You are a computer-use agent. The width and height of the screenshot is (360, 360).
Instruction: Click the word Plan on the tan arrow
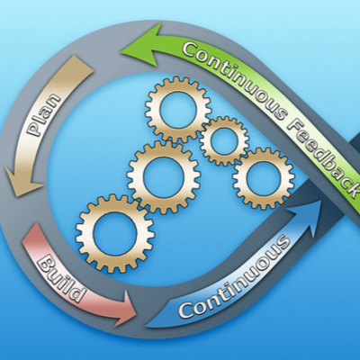coord(42,115)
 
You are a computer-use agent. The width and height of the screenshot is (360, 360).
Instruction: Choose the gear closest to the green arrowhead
coord(178,109)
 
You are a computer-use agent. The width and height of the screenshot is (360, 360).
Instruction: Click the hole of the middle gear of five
coord(164,177)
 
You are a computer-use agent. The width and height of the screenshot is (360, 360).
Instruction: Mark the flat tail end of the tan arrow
coord(82,65)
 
